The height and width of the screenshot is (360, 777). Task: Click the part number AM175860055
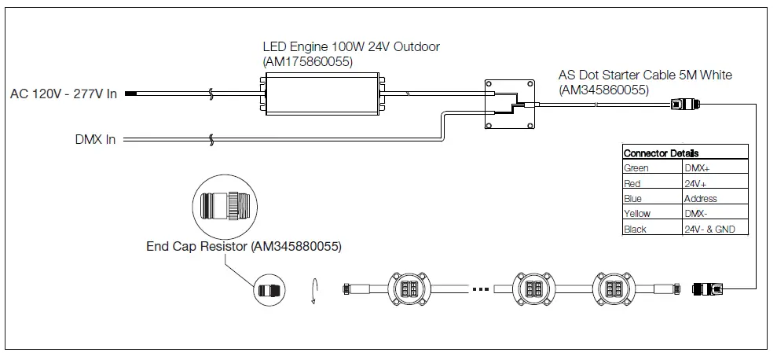click(x=307, y=61)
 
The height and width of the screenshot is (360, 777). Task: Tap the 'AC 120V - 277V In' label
click(x=64, y=94)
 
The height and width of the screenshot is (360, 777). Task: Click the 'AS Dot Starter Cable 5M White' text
click(x=645, y=75)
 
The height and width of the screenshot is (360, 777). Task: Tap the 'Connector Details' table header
click(x=661, y=153)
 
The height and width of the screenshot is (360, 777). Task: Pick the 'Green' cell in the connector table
click(x=636, y=168)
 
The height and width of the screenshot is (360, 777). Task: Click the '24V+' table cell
click(x=695, y=183)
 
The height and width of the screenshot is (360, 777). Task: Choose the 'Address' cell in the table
click(x=700, y=199)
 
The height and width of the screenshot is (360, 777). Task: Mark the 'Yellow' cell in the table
click(x=637, y=214)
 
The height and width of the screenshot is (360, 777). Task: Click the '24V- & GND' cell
click(x=709, y=230)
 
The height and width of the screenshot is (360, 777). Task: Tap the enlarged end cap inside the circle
click(x=225, y=207)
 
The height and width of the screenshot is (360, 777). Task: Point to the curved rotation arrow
click(x=314, y=288)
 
